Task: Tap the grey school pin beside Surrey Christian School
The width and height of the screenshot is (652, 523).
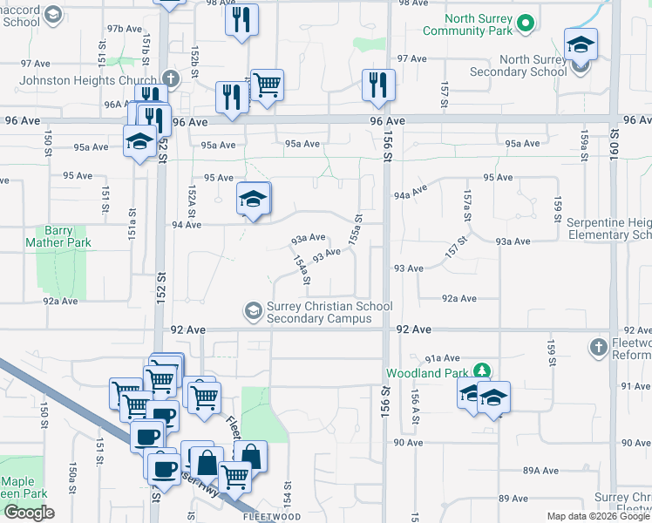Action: pyautogui.click(x=254, y=310)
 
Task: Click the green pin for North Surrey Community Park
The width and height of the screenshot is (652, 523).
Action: pyautogui.click(x=524, y=24)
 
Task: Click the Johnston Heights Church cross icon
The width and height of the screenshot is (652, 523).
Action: pyautogui.click(x=170, y=79)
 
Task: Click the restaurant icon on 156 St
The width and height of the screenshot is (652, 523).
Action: pyautogui.click(x=378, y=85)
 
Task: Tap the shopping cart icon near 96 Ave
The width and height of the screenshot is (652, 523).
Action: pyautogui.click(x=267, y=85)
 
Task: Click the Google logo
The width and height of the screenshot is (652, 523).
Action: pyautogui.click(x=30, y=513)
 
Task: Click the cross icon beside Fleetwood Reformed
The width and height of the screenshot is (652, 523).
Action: pyautogui.click(x=598, y=348)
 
